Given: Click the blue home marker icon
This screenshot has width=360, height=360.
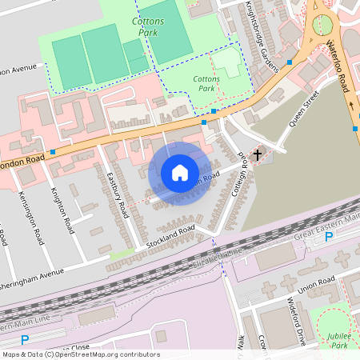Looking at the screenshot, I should tap(180, 173).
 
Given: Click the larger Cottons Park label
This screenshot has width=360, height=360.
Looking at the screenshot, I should tap(150, 25).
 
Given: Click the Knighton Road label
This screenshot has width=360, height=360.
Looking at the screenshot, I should tap(61, 210).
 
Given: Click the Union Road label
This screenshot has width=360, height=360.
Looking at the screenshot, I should tap(315, 283).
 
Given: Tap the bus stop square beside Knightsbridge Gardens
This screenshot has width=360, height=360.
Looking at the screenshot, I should tap(289, 62).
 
